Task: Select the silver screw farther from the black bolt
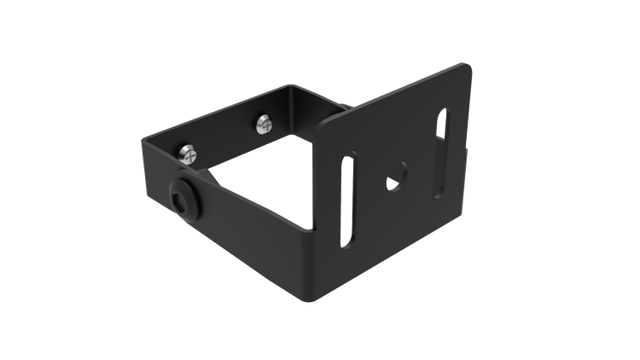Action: point(264,125)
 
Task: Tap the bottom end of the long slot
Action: point(347,244)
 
